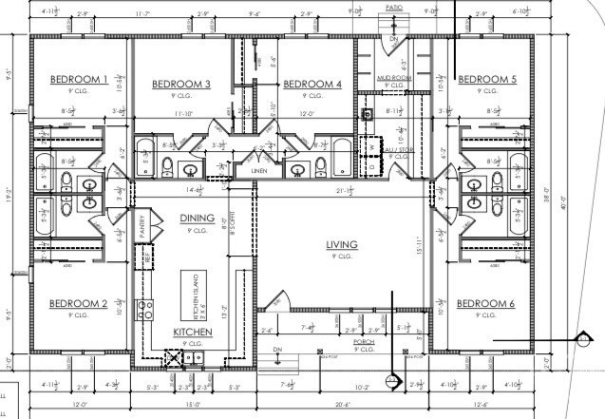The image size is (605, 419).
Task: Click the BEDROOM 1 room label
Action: pos(79,80)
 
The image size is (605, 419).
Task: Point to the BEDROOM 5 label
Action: pos(487,80)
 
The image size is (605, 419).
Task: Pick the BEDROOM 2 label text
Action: pos(77,304)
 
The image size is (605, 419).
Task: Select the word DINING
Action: pos(199,219)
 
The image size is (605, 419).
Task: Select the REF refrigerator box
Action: pos(147,255)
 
